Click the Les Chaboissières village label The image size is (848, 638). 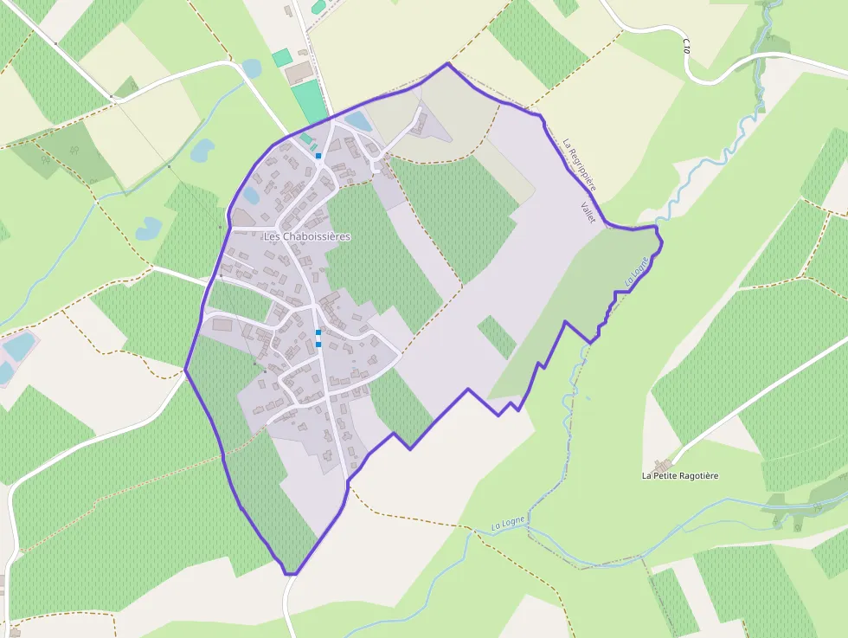[307, 236]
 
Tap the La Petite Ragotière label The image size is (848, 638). [680, 475]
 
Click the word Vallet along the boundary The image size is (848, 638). [588, 212]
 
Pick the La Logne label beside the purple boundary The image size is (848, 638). [635, 274]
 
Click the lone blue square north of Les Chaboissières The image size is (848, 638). [318, 156]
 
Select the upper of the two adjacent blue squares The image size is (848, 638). [318, 332]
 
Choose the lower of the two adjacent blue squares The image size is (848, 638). [318, 345]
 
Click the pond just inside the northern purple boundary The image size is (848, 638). [358, 121]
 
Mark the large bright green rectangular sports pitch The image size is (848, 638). [309, 102]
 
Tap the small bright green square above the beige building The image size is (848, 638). [281, 58]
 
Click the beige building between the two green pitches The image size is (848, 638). [300, 71]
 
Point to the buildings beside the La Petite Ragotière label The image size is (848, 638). [664, 465]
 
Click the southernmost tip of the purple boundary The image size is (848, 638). [290, 573]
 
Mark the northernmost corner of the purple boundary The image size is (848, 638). [447, 63]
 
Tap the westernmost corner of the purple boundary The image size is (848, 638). [185, 370]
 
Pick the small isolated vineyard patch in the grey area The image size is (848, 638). [497, 337]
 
